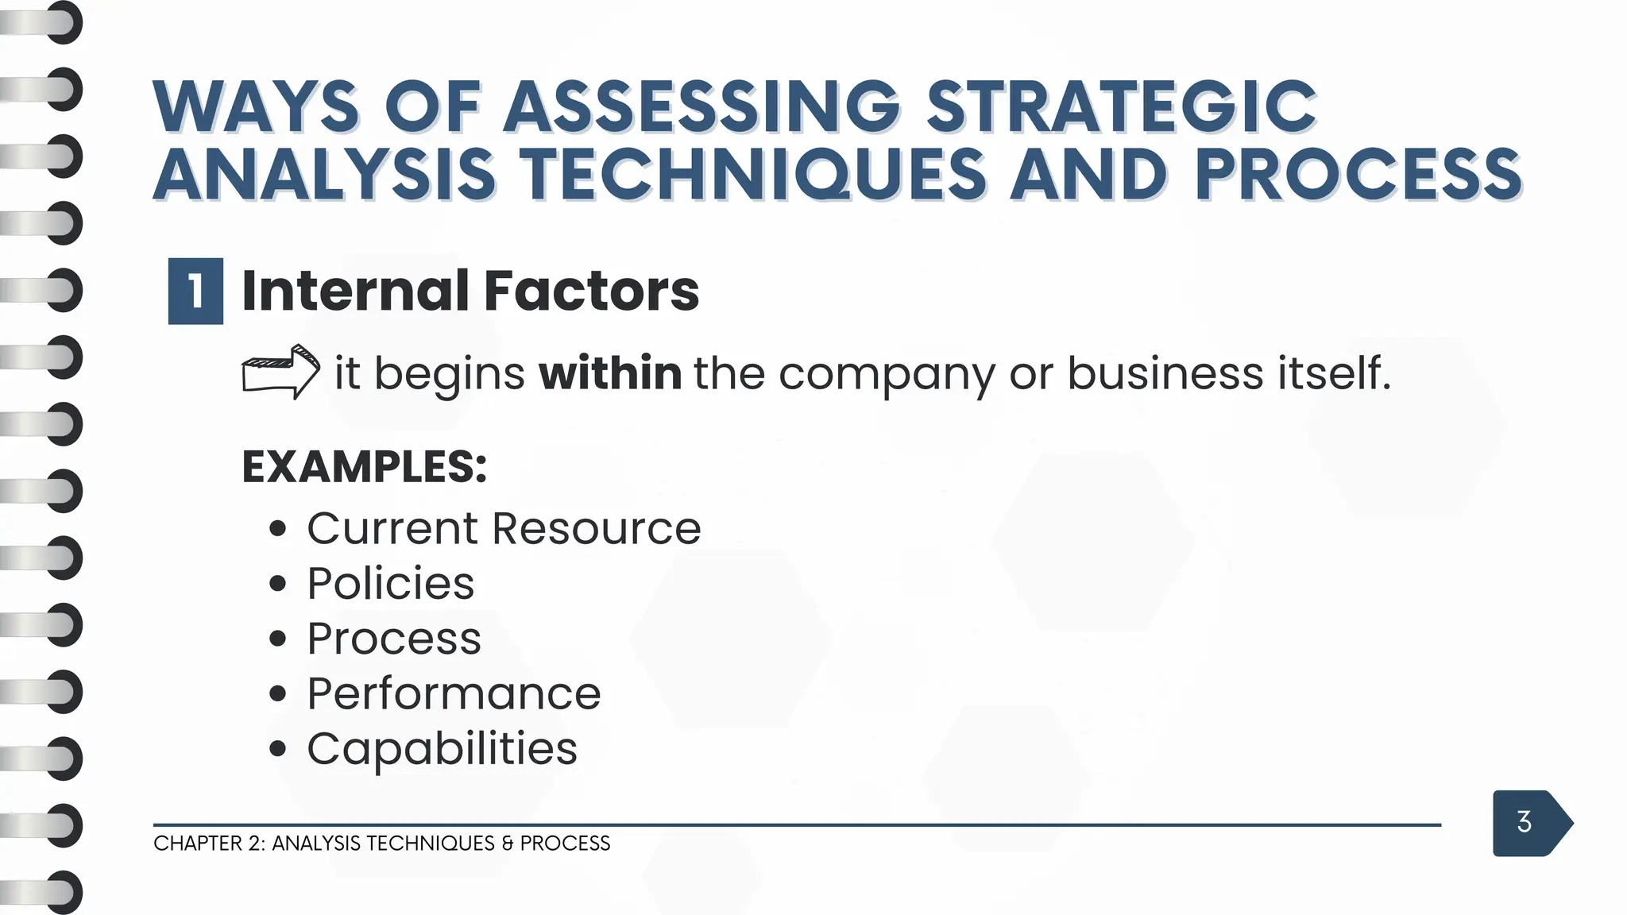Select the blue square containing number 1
pyautogui.click(x=195, y=291)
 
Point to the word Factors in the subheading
pyautogui.click(x=591, y=291)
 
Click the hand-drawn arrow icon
pyautogui.click(x=280, y=372)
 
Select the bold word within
pyautogui.click(x=609, y=373)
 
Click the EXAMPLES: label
pyautogui.click(x=364, y=466)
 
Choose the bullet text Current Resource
pyautogui.click(x=504, y=528)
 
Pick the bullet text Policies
pyautogui.click(x=390, y=584)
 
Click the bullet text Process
pyautogui.click(x=394, y=639)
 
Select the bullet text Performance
pyautogui.click(x=454, y=693)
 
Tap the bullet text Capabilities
pyautogui.click(x=442, y=749)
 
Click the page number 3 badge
pyautogui.click(x=1525, y=822)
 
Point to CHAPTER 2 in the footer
pyautogui.click(x=209, y=844)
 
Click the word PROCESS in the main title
pyautogui.click(x=1358, y=175)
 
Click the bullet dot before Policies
pyautogui.click(x=277, y=585)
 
